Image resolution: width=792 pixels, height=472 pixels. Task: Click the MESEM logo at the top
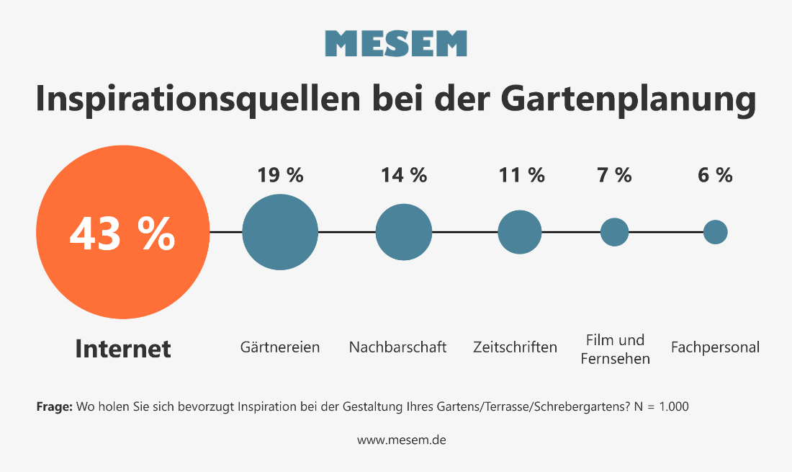(396, 44)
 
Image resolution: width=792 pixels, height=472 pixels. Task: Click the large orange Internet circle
(122, 233)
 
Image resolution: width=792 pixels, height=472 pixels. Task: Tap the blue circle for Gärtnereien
(280, 233)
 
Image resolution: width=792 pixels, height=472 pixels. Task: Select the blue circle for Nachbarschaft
(404, 233)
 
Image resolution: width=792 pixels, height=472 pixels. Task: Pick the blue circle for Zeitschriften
(520, 232)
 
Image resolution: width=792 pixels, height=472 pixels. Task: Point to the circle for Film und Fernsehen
(614, 232)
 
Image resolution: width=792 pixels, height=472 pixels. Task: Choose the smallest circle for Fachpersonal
(715, 232)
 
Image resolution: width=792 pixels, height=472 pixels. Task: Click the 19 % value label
(280, 175)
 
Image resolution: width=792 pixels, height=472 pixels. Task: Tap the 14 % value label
(404, 175)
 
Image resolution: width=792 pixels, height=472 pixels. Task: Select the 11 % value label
(521, 175)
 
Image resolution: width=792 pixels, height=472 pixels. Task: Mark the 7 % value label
(614, 175)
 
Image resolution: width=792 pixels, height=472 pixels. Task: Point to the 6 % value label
(715, 175)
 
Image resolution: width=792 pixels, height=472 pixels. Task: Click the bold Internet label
(123, 349)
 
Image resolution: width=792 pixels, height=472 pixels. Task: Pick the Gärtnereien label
(280, 347)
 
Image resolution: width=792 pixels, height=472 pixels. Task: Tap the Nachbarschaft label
(397, 347)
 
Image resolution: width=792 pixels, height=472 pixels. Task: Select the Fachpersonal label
(715, 347)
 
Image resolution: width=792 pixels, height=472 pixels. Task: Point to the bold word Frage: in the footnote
(54, 407)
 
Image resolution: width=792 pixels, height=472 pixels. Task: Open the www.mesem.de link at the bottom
(402, 440)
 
